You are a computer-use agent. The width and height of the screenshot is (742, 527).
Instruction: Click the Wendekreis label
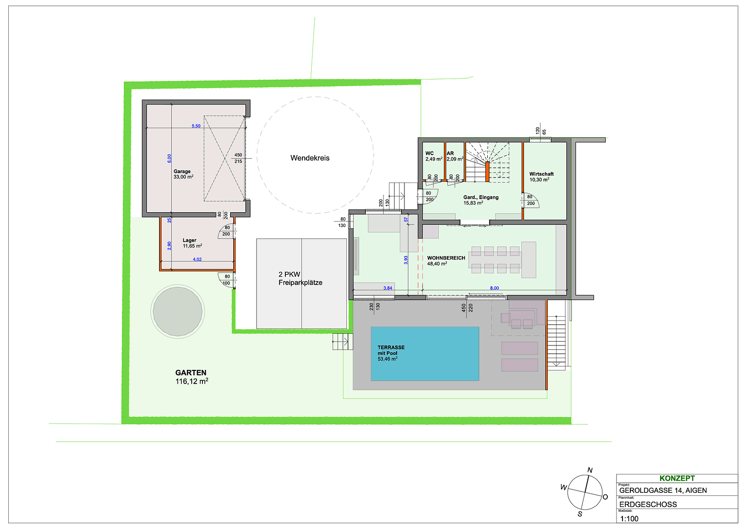310,158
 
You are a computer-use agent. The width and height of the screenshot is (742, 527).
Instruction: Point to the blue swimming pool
424,353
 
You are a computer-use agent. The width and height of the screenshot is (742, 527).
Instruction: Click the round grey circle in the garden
178,311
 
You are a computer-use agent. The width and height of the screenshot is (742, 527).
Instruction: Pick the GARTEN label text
191,373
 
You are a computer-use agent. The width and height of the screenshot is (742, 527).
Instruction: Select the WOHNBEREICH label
446,258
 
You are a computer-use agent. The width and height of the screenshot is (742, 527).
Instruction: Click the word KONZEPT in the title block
677,479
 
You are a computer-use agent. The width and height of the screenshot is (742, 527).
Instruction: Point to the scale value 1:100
629,519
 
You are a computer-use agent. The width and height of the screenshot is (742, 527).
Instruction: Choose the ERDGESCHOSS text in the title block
648,505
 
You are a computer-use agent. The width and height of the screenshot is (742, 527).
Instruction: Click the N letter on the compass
590,470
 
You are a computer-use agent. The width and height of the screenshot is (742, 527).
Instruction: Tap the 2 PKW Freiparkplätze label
300,279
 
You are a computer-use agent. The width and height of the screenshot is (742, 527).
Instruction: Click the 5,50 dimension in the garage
196,126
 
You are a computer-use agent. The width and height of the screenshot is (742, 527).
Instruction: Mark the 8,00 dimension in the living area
494,288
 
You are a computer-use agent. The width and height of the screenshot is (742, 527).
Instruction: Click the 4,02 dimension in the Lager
197,260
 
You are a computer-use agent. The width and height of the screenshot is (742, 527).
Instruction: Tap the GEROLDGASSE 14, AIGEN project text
662,490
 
